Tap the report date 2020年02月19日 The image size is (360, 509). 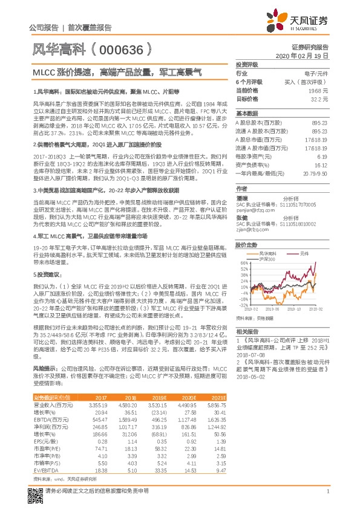pyautogui.click(x=306, y=55)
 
